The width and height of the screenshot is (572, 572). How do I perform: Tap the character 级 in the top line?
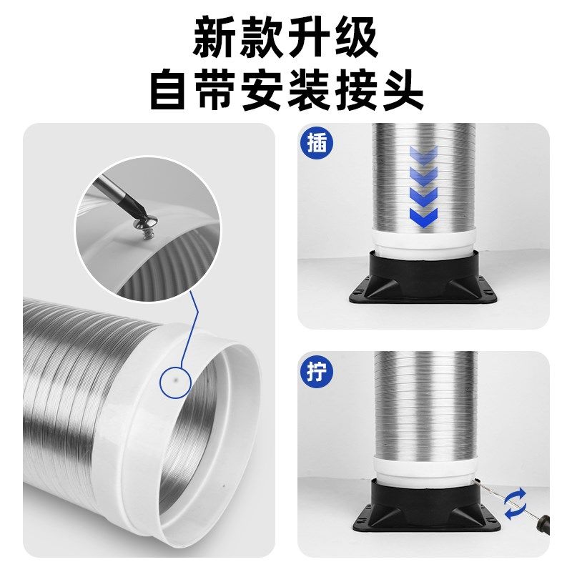coord(355,38)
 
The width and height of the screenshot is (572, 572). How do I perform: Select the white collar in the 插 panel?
coord(423,238)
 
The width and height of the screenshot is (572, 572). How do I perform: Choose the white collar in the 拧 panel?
coord(423,468)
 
